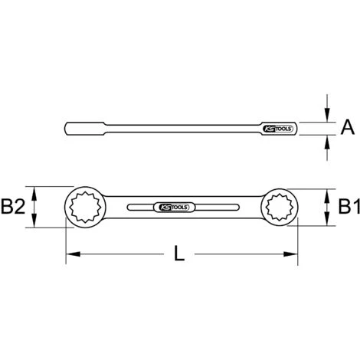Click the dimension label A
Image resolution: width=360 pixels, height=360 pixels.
(348, 127)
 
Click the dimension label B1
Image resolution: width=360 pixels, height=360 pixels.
(349, 207)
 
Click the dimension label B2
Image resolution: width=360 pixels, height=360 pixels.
(13, 207)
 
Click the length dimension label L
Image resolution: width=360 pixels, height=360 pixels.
(179, 253)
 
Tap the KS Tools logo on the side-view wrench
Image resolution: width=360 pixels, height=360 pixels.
(277, 129)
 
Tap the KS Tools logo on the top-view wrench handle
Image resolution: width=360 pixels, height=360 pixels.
(174, 208)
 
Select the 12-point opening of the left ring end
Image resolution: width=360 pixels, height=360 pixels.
(85, 207)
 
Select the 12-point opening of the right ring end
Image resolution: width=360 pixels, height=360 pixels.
(280, 207)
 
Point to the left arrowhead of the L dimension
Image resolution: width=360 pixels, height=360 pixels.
(74, 254)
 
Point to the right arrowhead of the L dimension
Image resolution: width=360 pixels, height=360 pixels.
(290, 254)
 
